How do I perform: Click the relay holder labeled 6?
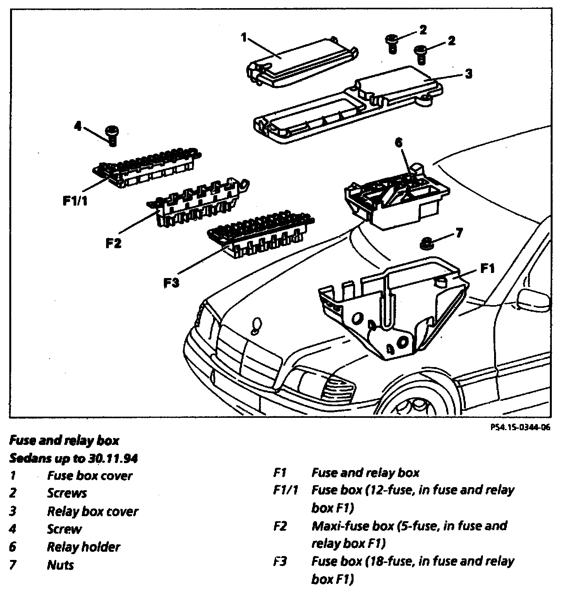395,197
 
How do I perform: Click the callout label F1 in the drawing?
487,268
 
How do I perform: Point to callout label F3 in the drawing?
171,283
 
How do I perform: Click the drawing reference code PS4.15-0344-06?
520,427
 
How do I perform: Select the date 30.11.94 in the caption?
116,458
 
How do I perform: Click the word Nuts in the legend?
60,565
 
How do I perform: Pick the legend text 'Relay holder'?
84,547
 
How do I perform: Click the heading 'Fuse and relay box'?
64,440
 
